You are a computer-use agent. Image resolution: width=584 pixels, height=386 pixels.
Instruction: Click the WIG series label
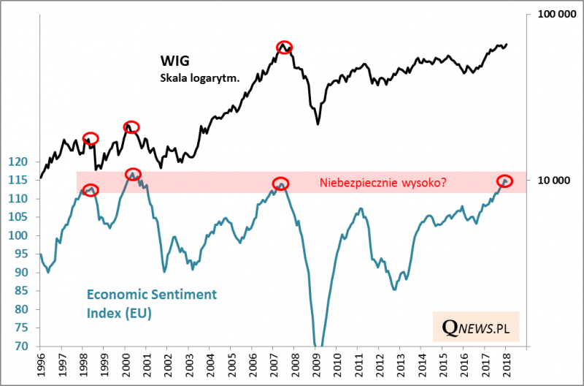tap(177, 61)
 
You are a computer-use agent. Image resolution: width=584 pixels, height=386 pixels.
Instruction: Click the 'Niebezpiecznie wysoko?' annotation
tap(383, 183)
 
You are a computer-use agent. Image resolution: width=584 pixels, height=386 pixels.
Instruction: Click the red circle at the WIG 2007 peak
tap(285, 47)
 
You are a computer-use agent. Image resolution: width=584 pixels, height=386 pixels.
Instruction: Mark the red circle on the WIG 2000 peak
tap(131, 127)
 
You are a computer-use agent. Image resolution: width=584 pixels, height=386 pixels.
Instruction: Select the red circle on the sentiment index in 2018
tap(504, 181)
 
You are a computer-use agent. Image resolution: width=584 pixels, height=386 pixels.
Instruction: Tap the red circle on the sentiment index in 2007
tap(280, 183)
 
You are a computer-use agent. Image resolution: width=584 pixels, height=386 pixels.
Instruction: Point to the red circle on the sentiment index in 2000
tap(133, 174)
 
